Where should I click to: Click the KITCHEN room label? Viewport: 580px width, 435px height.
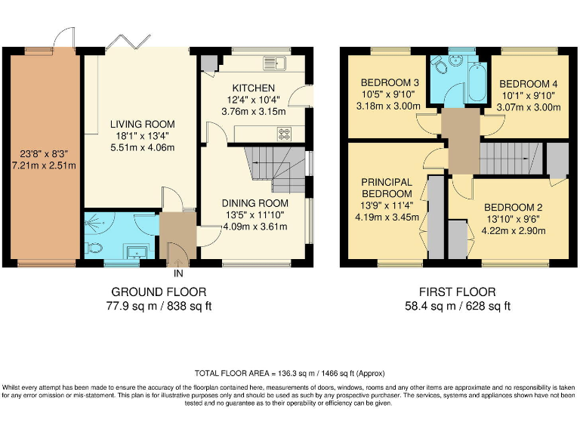(253, 88)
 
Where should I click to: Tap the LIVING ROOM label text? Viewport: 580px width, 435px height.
(142, 124)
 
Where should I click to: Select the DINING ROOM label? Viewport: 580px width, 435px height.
(255, 203)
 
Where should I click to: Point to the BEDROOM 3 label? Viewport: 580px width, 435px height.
(389, 83)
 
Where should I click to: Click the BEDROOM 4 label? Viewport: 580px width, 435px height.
(529, 83)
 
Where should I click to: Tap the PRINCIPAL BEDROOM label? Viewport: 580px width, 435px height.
(386, 188)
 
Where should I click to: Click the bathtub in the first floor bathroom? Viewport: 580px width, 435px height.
(477, 85)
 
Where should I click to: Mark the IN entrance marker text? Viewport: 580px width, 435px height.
(178, 273)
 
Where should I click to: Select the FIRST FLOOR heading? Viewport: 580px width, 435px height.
(457, 292)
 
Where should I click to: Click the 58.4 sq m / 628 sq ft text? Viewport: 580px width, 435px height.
(457, 306)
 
